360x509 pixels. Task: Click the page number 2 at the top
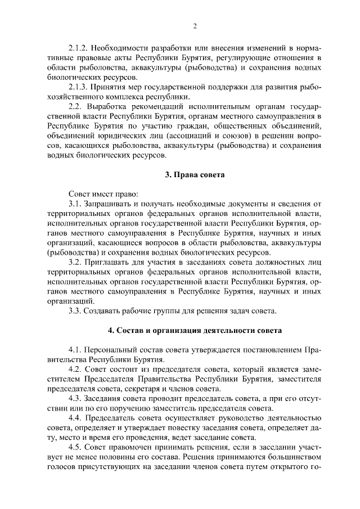(195, 25)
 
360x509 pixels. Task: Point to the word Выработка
(110, 107)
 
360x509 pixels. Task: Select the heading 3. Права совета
(195, 175)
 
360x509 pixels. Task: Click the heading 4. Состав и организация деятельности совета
(195, 330)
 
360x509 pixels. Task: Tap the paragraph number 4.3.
(74, 399)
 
